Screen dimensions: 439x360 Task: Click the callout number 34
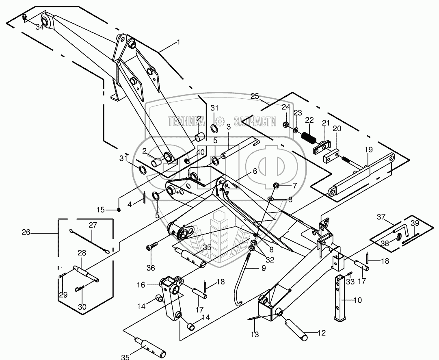point(40,27)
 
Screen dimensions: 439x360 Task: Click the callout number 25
point(255,96)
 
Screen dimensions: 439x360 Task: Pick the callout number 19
point(369,150)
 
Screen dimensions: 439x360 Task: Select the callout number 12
point(322,333)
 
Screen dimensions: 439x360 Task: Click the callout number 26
point(26,232)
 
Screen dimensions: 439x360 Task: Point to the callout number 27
point(93,225)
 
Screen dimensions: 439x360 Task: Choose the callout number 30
point(82,307)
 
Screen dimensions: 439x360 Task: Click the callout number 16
point(141,285)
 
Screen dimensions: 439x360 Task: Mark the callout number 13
point(255,334)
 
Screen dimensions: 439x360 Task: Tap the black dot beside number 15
point(119,210)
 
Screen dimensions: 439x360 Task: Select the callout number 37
point(381,217)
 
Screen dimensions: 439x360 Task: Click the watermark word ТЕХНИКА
point(186,121)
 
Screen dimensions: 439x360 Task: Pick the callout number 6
point(255,171)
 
